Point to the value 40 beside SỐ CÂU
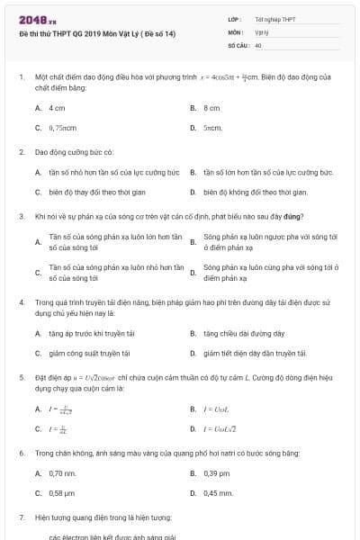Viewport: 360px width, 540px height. [x=258, y=44]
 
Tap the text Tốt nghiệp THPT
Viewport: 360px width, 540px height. [x=275, y=19]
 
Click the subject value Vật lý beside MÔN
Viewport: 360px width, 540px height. [x=262, y=31]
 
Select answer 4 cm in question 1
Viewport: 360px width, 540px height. [x=57, y=107]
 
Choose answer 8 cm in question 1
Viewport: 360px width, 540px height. [x=211, y=107]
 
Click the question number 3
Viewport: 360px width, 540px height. [x=21, y=216]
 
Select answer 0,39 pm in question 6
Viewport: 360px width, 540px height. [x=217, y=472]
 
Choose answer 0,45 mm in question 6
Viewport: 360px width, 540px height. [x=218, y=493]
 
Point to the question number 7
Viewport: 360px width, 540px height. [x=21, y=518]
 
